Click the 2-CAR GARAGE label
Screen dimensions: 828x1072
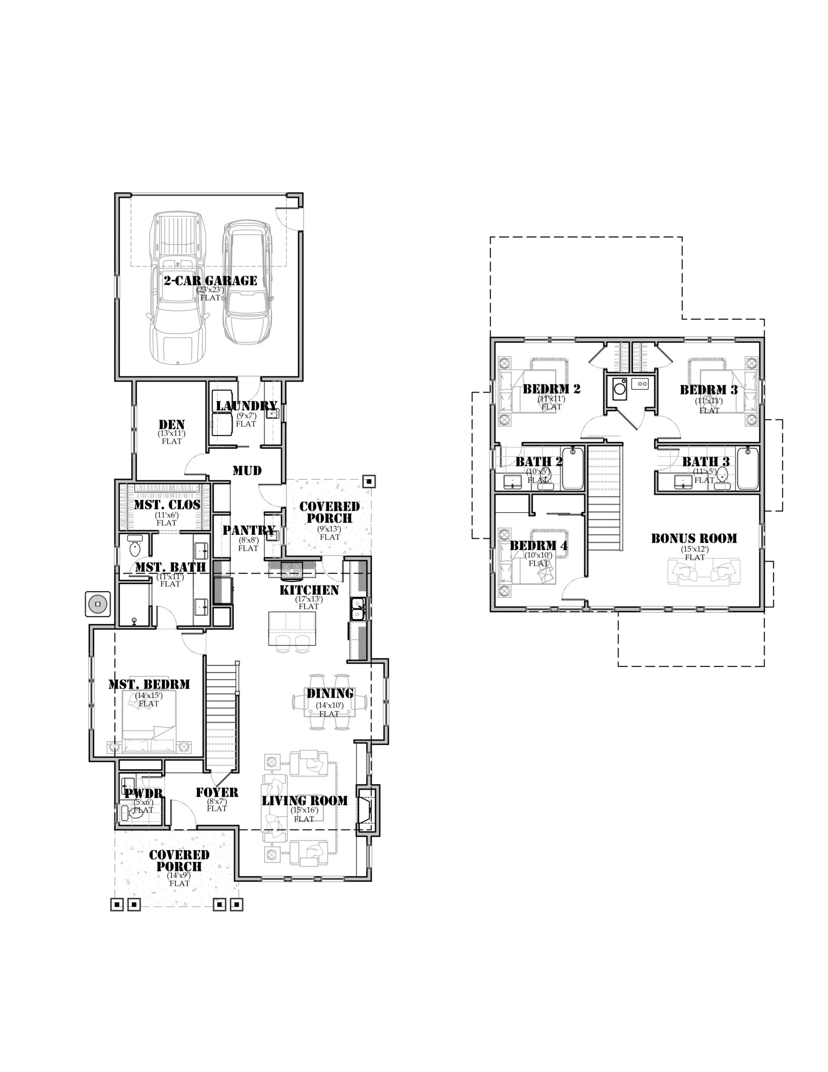click(210, 281)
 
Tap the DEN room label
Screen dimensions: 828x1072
click(172, 425)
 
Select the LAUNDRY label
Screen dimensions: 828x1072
click(247, 406)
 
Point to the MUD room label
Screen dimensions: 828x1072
click(247, 471)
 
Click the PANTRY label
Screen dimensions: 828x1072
click(248, 530)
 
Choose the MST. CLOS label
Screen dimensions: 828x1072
click(167, 505)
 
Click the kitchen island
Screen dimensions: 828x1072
click(292, 629)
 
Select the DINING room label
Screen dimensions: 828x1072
click(330, 693)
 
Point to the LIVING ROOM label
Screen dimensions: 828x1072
click(304, 801)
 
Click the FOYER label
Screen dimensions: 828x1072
click(217, 792)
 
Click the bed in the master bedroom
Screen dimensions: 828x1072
click(149, 722)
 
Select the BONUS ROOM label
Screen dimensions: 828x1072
click(694, 539)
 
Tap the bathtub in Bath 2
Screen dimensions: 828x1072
click(573, 468)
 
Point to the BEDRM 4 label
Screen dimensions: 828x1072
click(538, 546)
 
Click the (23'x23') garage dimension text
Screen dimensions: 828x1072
click(210, 290)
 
